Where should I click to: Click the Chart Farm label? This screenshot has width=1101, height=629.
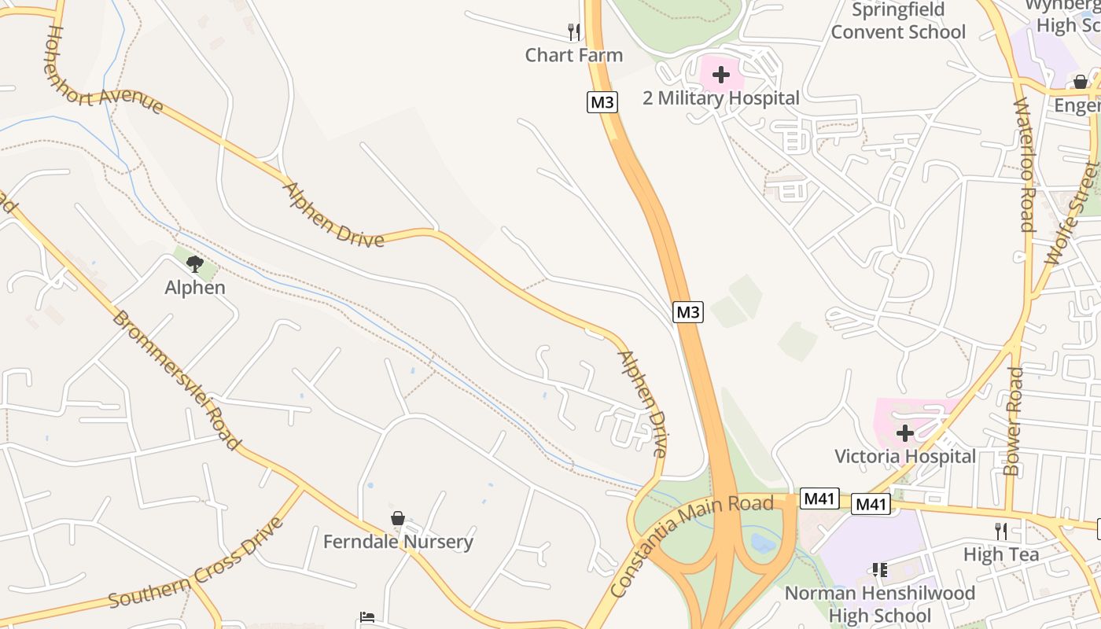click(573, 55)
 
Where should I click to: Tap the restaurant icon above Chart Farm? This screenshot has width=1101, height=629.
click(574, 32)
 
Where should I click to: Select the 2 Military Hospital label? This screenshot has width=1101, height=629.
click(720, 98)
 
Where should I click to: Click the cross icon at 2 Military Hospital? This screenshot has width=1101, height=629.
click(720, 75)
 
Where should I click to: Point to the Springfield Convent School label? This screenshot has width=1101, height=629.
click(898, 21)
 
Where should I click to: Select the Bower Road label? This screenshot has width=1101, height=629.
click(1014, 421)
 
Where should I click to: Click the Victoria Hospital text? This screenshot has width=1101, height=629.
click(904, 456)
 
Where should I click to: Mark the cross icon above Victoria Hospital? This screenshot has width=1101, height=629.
click(904, 433)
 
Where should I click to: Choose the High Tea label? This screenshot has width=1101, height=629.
click(1000, 554)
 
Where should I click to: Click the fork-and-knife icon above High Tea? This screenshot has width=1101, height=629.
click(1000, 532)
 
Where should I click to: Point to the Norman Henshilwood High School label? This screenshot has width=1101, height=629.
click(879, 604)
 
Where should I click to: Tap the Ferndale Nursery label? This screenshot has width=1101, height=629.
click(398, 542)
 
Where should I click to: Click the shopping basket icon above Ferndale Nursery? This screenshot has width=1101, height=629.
click(398, 519)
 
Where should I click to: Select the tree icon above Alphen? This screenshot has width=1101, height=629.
click(195, 264)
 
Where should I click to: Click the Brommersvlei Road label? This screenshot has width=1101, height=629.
click(175, 380)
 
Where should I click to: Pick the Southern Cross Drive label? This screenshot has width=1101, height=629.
click(195, 563)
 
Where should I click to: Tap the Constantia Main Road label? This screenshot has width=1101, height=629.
click(691, 545)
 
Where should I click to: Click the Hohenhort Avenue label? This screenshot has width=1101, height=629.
click(104, 69)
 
